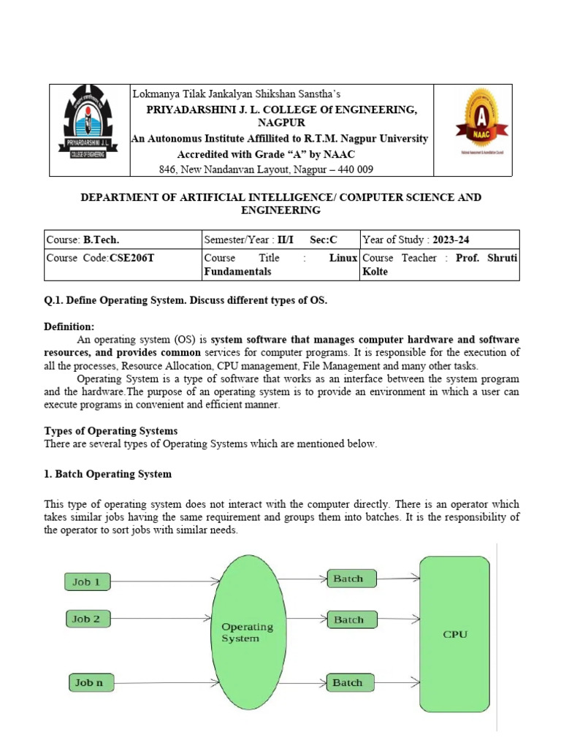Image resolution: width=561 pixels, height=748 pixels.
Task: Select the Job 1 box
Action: click(x=91, y=582)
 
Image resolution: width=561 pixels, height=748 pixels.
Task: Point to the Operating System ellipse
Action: click(x=248, y=632)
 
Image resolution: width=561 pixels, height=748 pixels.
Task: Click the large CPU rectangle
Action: click(x=455, y=634)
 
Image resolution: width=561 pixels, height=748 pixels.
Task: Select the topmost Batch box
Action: click(x=351, y=579)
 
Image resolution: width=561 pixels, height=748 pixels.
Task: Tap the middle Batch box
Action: click(x=351, y=620)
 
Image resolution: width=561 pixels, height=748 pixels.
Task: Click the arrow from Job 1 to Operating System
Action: click(x=167, y=582)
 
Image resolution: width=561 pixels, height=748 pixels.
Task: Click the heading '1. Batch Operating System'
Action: click(x=108, y=474)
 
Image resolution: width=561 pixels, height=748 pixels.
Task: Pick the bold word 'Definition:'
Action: click(x=69, y=327)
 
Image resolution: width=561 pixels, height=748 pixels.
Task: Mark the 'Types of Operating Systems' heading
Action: click(x=111, y=431)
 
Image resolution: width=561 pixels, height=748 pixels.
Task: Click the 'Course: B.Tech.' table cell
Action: click(x=83, y=239)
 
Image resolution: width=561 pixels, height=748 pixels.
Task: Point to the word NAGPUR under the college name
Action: click(x=280, y=123)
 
